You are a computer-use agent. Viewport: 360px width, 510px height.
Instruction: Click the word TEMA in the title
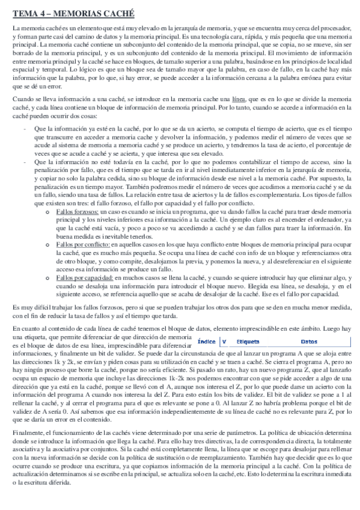(x=23, y=13)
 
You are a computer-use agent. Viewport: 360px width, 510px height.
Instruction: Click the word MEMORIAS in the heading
(x=78, y=13)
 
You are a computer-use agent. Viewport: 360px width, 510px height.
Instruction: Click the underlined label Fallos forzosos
(x=75, y=212)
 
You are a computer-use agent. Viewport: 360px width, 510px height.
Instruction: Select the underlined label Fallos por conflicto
(x=80, y=245)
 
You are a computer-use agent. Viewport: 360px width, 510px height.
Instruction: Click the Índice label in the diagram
(x=207, y=341)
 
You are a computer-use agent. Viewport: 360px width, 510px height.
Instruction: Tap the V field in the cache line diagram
(x=224, y=341)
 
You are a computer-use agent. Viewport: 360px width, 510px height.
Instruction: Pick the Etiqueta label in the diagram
(x=248, y=341)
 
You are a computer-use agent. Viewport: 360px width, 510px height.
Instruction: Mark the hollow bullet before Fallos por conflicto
(x=47, y=246)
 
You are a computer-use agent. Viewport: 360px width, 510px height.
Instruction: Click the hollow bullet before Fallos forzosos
(x=47, y=213)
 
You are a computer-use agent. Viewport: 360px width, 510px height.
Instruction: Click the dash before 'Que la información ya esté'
(x=23, y=129)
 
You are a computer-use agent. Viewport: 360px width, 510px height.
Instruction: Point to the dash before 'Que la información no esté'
(x=23, y=162)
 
